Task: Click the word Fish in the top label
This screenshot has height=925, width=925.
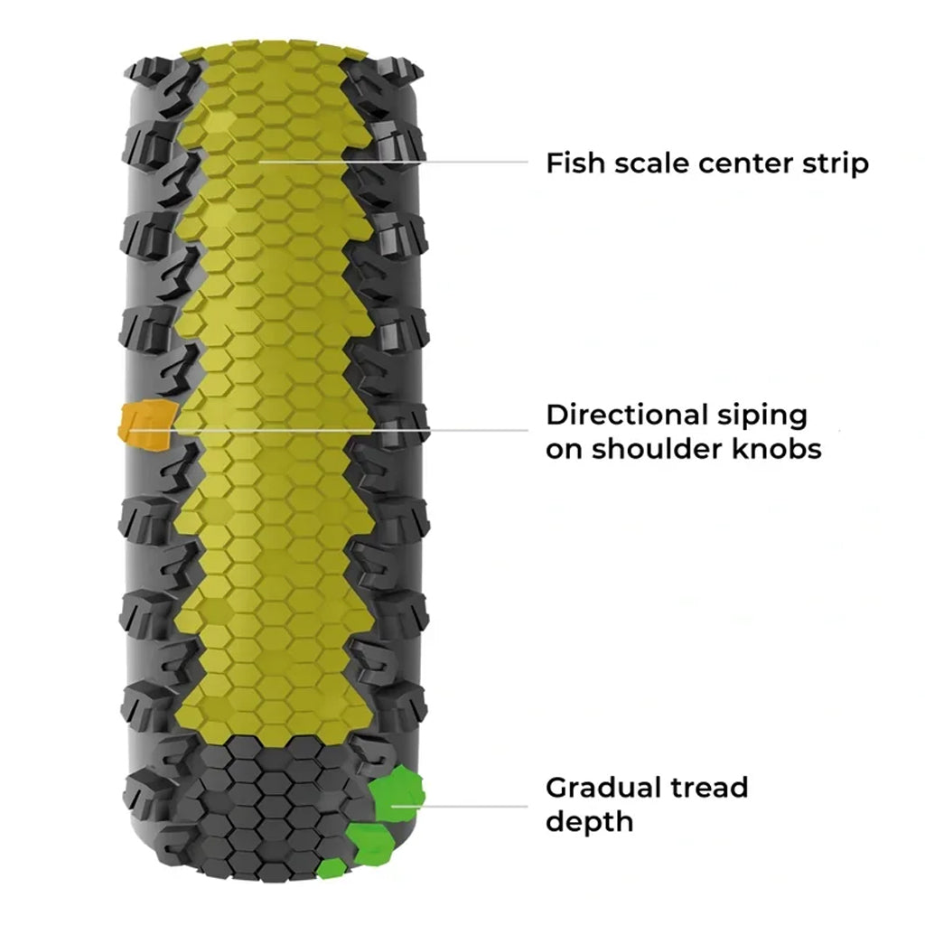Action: pos(574,164)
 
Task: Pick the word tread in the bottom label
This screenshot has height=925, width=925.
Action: pos(709,787)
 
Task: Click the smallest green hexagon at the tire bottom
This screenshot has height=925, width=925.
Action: pos(332,868)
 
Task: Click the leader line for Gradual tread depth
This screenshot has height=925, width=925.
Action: pos(470,806)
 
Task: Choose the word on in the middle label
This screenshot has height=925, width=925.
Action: pos(563,449)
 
